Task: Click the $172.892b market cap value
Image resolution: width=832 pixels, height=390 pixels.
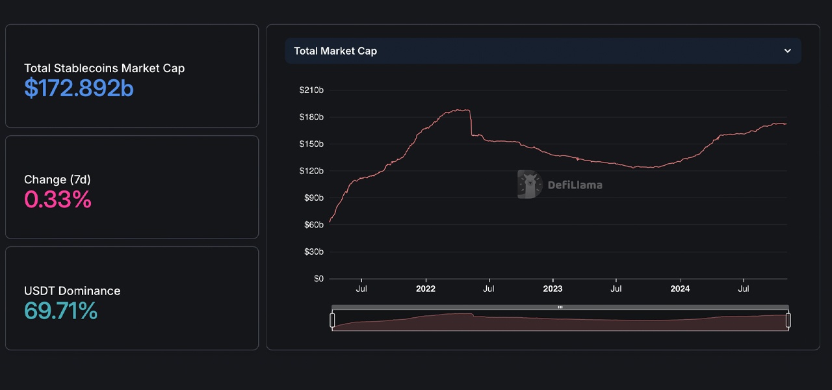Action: (79, 88)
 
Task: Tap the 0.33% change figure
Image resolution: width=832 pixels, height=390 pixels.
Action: (58, 200)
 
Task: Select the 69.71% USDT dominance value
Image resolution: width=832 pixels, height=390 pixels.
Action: (60, 311)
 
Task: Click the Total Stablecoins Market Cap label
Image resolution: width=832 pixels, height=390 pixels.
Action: (104, 68)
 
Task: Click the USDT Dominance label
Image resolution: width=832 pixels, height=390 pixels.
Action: (72, 291)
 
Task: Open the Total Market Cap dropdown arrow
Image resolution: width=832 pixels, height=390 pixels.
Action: (787, 51)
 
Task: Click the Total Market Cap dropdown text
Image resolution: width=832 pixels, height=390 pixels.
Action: (335, 51)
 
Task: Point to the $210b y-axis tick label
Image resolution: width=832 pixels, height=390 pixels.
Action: (311, 90)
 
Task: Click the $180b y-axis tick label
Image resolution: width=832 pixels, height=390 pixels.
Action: (311, 117)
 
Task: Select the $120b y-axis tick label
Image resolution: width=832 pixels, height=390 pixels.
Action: (311, 171)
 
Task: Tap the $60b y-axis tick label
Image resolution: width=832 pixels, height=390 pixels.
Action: (313, 225)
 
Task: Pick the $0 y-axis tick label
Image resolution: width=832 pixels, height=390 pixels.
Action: (318, 279)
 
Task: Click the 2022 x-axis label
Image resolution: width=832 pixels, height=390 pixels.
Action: (425, 289)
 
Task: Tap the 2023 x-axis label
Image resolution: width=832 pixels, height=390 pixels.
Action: (552, 289)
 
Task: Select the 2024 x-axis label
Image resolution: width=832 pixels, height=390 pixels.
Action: (680, 289)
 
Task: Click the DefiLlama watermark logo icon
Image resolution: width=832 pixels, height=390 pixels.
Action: (530, 185)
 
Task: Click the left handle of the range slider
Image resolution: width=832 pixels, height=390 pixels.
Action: (332, 320)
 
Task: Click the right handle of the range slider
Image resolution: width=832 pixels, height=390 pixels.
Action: (788, 320)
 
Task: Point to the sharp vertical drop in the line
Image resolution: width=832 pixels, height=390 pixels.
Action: (471, 123)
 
